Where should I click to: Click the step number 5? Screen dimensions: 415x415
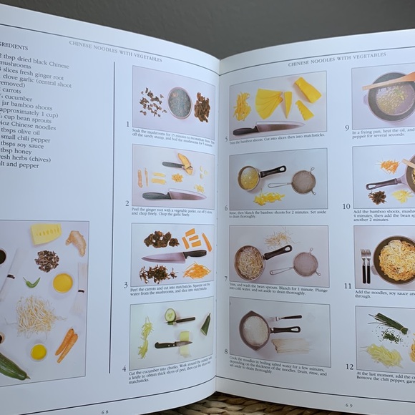click(226, 140)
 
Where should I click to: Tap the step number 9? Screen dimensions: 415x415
click(347, 129)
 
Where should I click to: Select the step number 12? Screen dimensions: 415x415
click(349, 366)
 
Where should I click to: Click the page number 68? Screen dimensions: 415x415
click(105, 411)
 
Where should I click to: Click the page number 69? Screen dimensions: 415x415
click(348, 405)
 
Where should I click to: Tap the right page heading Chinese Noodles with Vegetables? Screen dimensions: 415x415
click(326, 59)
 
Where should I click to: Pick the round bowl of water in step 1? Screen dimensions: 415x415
click(180, 102)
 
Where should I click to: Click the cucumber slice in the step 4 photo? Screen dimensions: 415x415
click(170, 314)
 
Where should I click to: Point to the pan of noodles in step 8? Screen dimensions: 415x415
click(258, 330)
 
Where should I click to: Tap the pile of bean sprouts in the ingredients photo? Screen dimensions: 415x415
click(36, 315)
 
